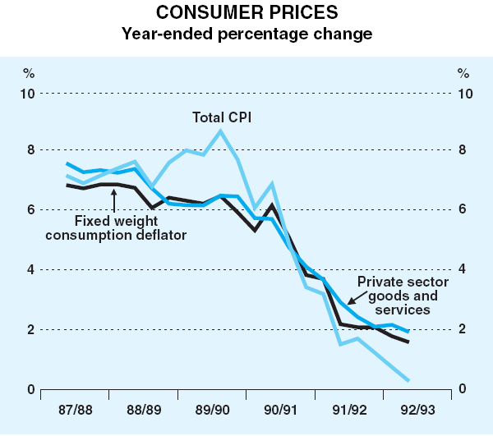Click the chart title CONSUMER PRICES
pos(246,14)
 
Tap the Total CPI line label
pos(221,117)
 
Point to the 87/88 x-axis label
pos(76,408)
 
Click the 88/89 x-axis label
pos(145,408)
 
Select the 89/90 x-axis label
pos(214,408)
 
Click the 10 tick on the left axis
pos(27,93)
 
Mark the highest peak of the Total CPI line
pos(220,131)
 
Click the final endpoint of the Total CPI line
pos(408,380)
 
